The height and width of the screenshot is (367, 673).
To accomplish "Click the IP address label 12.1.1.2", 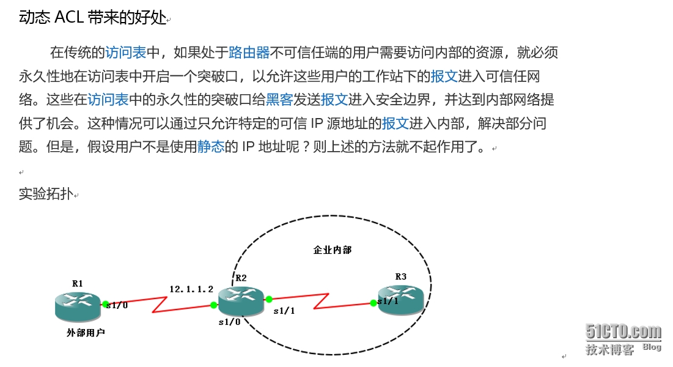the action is click(191, 289).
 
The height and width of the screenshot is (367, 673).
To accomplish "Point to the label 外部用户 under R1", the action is click(86, 333).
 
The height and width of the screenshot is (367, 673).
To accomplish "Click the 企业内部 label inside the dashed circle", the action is click(332, 250).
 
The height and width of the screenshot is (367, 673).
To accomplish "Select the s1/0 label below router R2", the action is click(229, 321).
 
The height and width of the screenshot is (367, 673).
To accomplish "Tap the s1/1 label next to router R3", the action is click(388, 301).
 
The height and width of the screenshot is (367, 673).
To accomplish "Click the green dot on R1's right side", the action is click(105, 304).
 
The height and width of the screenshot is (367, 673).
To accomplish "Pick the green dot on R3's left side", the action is click(373, 302).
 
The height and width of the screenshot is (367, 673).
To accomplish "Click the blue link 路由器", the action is click(249, 53).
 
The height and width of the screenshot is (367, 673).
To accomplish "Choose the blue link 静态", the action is click(211, 147).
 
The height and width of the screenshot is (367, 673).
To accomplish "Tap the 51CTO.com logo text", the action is click(623, 332).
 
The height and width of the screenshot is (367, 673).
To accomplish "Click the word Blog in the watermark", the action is click(652, 347).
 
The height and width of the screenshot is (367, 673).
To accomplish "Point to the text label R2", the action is click(241, 278).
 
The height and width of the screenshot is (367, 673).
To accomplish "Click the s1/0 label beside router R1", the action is click(117, 305).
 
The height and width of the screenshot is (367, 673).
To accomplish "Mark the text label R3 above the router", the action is click(401, 276).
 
